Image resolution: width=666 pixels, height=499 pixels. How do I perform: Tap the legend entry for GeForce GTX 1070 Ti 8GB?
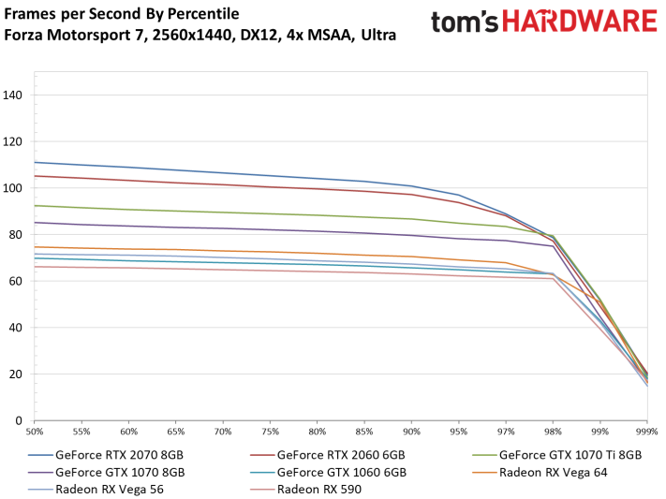[570, 454]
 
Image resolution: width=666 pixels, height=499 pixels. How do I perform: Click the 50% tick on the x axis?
[36, 432]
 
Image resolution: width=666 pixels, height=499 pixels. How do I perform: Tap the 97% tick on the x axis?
[506, 432]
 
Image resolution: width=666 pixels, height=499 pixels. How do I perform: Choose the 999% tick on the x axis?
[645, 432]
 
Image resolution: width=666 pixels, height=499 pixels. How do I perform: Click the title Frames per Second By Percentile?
[122, 14]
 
